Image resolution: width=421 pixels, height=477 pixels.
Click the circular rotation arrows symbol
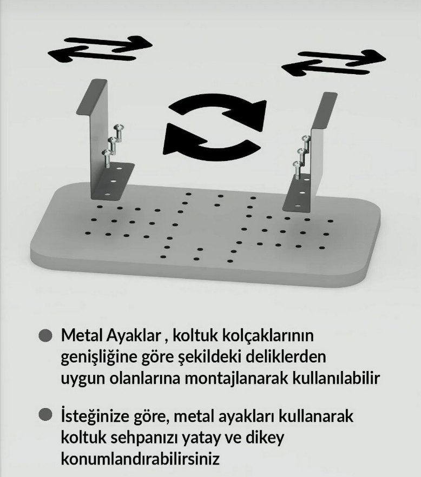point(215,128)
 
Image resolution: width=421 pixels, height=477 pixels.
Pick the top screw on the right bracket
point(304,141)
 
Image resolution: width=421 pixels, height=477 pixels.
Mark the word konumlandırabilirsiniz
point(141,460)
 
